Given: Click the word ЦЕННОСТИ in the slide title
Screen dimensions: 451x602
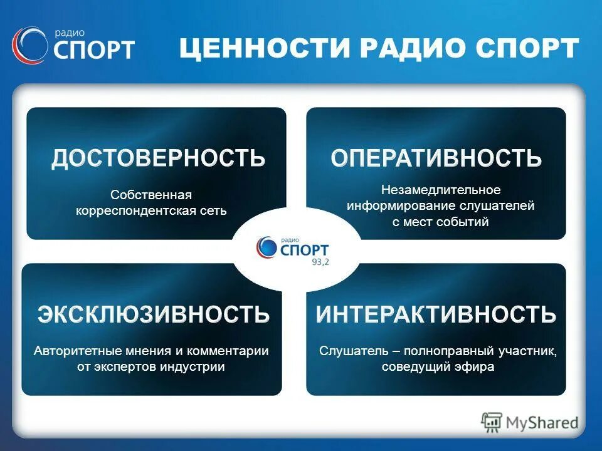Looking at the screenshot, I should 263,49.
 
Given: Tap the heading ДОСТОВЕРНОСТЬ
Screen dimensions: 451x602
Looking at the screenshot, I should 158,158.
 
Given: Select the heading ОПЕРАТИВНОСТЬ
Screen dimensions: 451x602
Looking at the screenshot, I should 436,158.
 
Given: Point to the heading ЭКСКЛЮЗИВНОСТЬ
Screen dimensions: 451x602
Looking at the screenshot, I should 154,313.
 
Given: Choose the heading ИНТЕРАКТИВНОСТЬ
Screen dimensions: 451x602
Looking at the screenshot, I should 436,313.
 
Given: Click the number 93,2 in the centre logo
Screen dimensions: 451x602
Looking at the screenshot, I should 320,262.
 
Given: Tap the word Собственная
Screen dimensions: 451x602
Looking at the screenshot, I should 151,195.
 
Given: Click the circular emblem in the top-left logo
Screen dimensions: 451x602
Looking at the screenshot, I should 28,46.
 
